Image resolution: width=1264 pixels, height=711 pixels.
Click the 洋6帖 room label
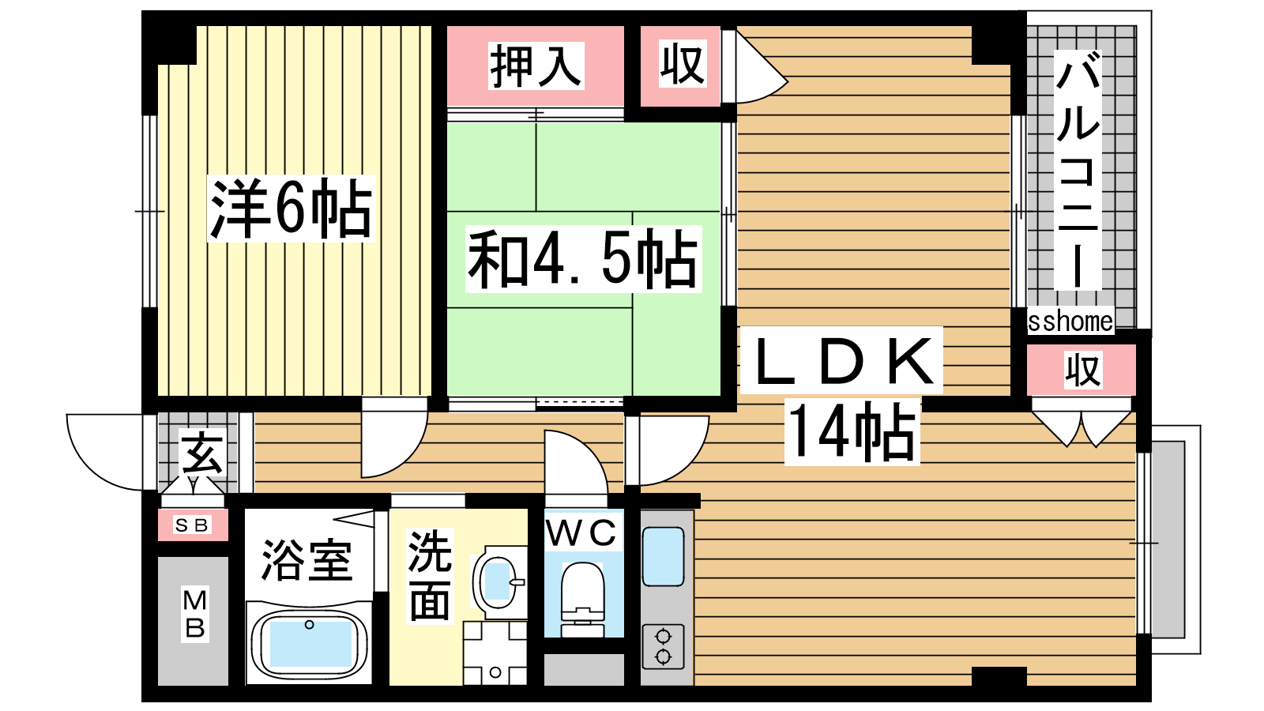[292, 209]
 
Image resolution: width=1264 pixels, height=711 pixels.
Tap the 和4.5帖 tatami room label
[583, 259]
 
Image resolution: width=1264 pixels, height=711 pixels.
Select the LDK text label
[841, 360]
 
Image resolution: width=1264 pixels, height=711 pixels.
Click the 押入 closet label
[536, 66]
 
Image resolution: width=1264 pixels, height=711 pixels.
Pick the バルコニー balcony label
[1078, 170]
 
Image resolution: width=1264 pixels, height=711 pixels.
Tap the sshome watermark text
[1070, 321]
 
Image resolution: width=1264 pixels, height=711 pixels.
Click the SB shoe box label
[193, 525]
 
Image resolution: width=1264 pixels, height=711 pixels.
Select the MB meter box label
[194, 613]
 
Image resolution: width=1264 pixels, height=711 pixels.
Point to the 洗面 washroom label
[430, 576]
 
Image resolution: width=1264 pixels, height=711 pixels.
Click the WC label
[581, 532]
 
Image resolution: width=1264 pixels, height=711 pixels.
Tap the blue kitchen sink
[663, 557]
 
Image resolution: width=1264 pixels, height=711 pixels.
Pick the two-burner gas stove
[663, 647]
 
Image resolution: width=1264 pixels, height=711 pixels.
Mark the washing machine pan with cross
[495, 653]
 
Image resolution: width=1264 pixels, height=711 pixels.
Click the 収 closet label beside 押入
[683, 64]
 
